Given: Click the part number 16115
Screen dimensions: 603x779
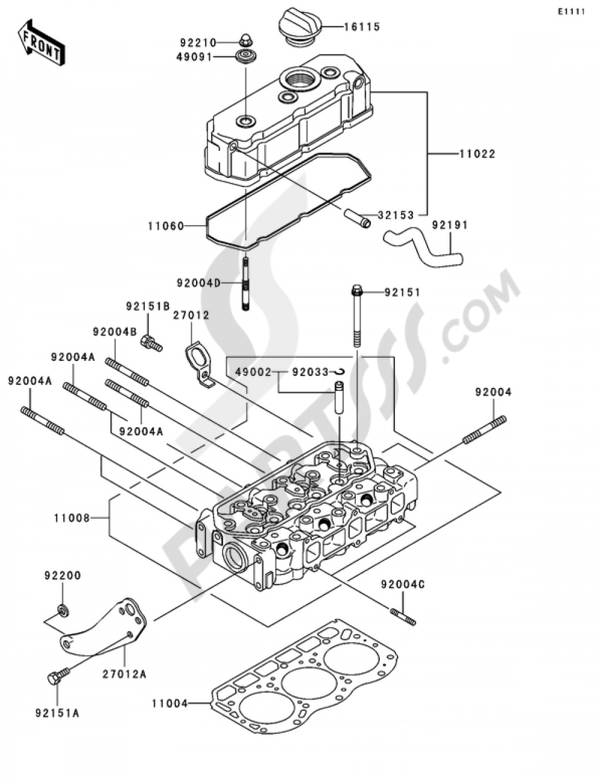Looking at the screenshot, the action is click(x=362, y=27).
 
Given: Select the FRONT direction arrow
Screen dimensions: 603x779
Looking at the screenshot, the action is click(x=41, y=43).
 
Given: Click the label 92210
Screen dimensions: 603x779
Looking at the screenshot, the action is click(x=198, y=43).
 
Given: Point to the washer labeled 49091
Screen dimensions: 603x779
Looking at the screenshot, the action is click(x=246, y=57).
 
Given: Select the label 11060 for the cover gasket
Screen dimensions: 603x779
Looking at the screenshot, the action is click(x=166, y=226).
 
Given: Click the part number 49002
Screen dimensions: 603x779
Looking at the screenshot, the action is click(x=253, y=372).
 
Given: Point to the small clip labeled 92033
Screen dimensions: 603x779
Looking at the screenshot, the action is click(x=339, y=372).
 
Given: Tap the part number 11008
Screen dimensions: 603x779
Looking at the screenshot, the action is click(x=72, y=518).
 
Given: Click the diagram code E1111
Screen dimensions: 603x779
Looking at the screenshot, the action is click(x=571, y=12).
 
